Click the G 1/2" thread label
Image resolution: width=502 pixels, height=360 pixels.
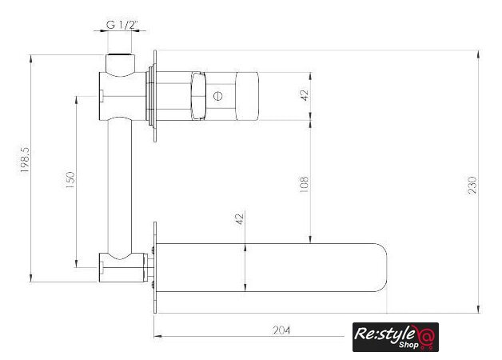coord(122,25)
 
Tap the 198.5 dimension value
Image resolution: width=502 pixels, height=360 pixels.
coord(25,160)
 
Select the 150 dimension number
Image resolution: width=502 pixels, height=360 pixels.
coord(70,180)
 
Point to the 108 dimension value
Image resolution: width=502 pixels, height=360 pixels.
coord(304,184)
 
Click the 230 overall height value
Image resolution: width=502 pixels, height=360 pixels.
coord(472,185)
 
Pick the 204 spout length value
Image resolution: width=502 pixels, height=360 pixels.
coord(281,330)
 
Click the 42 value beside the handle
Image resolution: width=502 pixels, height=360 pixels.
coord(305,95)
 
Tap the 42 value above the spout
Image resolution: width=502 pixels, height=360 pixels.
coord(240,218)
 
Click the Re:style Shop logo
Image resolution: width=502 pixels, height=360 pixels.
coord(396,338)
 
